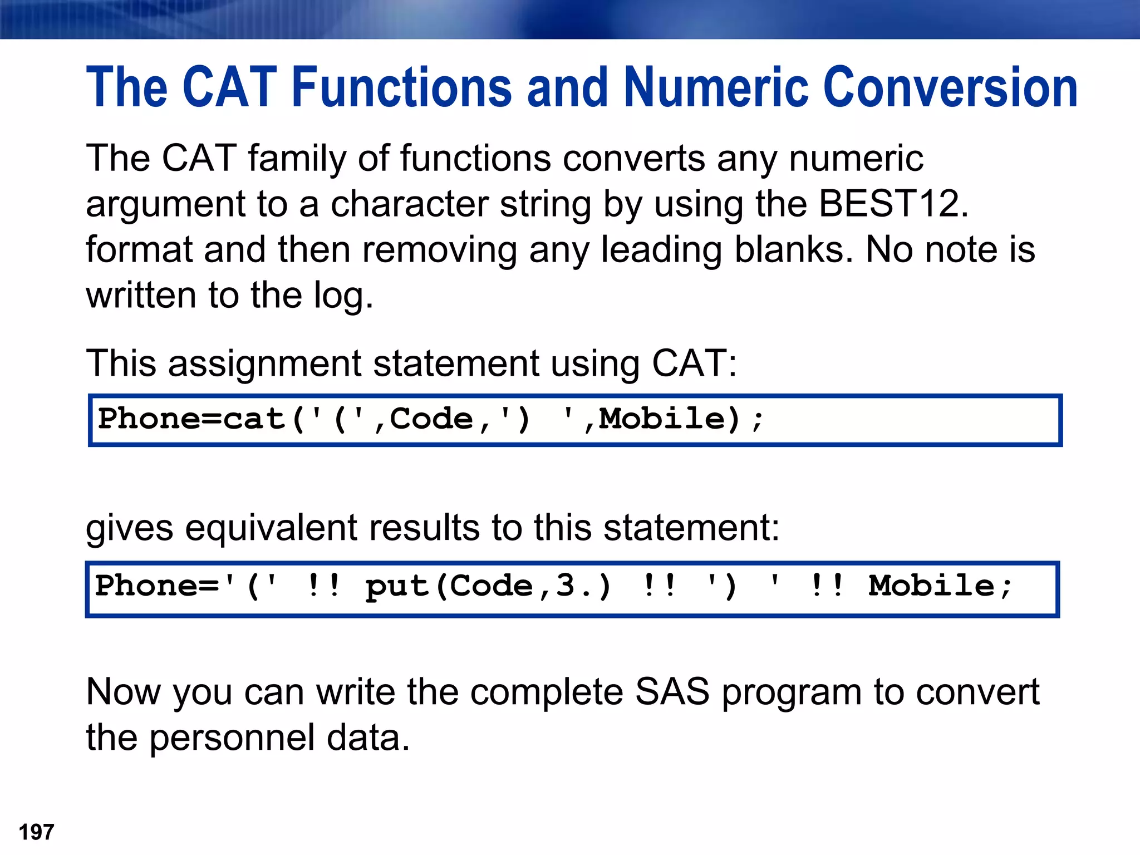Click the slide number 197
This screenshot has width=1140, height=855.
click(37, 832)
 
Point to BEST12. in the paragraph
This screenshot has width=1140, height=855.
click(894, 204)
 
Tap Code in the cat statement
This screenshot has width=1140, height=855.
click(431, 419)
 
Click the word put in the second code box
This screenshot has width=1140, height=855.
click(396, 586)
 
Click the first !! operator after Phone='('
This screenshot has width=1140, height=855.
click(323, 586)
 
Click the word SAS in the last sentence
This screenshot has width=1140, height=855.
click(672, 692)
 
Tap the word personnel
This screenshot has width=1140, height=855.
click(232, 738)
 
